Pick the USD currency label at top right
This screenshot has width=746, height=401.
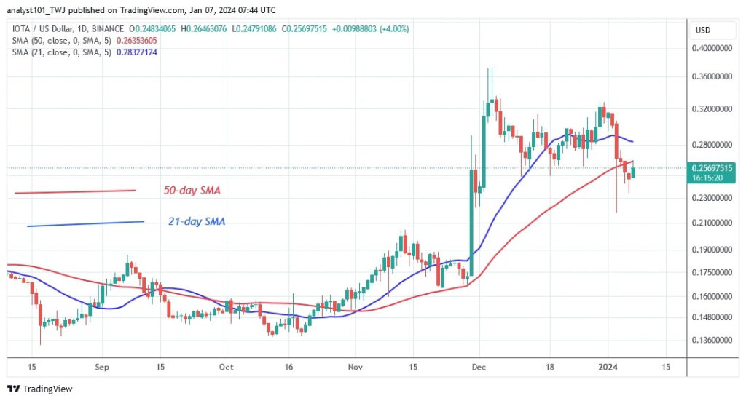point(704,30)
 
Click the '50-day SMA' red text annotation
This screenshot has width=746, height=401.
point(192,191)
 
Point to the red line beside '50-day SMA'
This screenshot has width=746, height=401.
point(75,192)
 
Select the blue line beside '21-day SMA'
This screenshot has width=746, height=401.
point(85,223)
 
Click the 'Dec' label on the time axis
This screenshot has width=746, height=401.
point(479,368)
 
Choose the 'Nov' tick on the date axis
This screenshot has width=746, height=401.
point(355,368)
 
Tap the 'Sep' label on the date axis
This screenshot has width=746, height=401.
point(102,368)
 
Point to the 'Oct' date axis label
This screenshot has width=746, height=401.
point(227,368)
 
